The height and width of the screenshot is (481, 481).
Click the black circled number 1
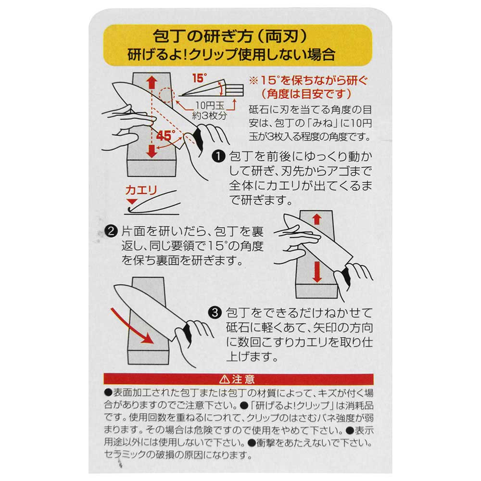218,156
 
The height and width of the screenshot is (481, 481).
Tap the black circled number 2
111,231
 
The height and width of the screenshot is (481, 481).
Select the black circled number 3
215,313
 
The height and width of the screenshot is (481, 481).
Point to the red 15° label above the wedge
200,78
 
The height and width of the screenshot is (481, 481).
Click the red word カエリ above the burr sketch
141,190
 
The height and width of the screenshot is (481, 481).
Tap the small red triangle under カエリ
132,202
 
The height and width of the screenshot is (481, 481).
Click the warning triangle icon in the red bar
224,380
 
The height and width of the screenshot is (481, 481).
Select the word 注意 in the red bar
243,380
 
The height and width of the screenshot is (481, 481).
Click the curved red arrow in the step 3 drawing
132,328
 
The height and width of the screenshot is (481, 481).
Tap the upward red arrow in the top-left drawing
152,83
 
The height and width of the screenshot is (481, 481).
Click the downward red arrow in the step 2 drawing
316,272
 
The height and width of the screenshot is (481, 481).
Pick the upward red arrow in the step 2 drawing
316,219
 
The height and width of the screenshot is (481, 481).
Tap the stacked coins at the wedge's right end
235,89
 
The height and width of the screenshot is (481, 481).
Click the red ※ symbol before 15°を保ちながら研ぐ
253,81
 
